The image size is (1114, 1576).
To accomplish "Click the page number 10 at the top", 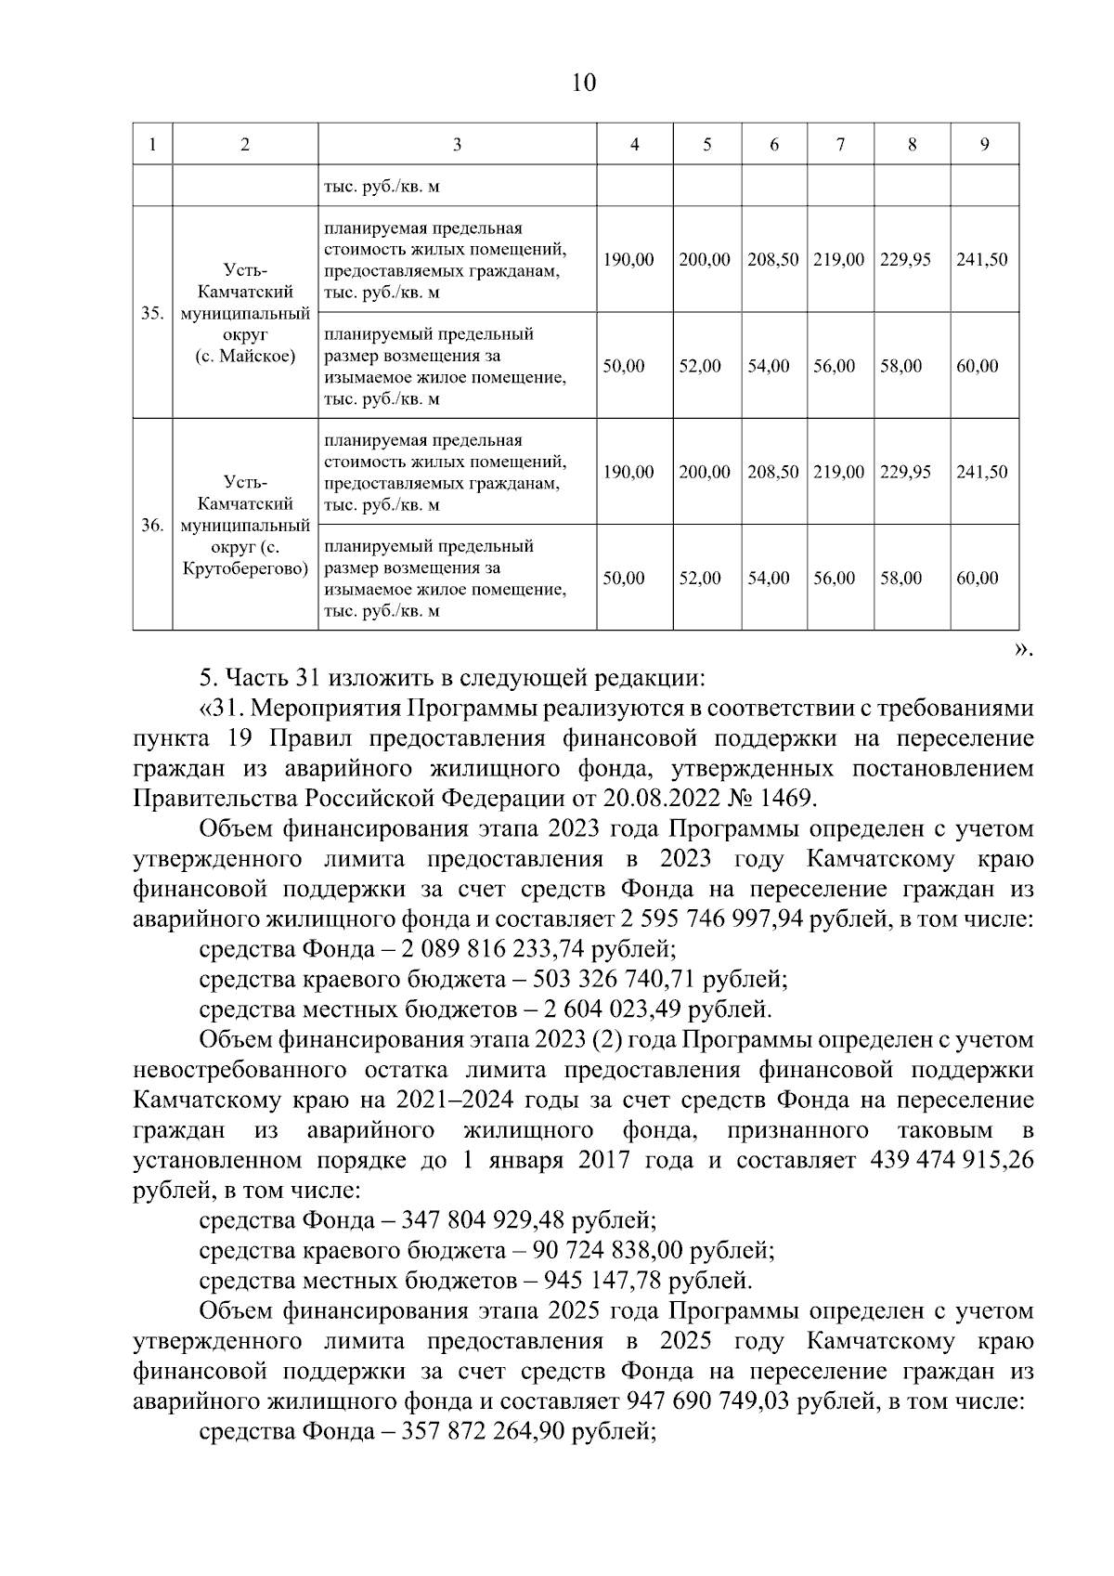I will pos(584,83).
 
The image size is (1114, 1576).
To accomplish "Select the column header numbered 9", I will pos(984,144).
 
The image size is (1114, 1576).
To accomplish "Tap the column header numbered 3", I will pos(457,144).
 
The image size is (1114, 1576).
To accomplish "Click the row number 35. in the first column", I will pos(152,313).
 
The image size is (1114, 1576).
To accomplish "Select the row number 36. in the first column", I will pos(152,525).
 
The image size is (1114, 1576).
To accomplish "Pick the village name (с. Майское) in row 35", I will pos(245,356).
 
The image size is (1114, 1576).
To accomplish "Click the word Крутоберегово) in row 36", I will pos(245,568).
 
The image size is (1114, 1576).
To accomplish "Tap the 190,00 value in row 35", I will pos(628,259).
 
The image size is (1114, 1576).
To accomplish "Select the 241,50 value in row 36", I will pos(981,472).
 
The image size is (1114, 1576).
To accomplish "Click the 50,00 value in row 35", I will pos(624,366).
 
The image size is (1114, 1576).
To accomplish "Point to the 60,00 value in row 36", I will pos(978,578).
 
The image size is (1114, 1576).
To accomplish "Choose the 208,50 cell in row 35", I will pos(773,259).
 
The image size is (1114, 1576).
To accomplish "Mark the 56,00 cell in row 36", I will pos(834,578).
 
